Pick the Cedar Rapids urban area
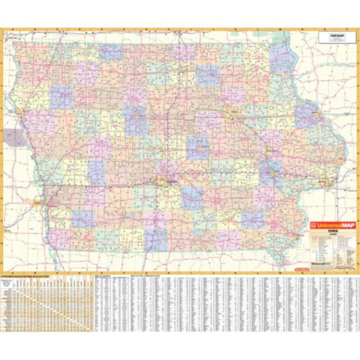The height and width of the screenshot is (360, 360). (271, 151)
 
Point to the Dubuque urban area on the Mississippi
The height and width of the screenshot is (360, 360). (316, 114)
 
